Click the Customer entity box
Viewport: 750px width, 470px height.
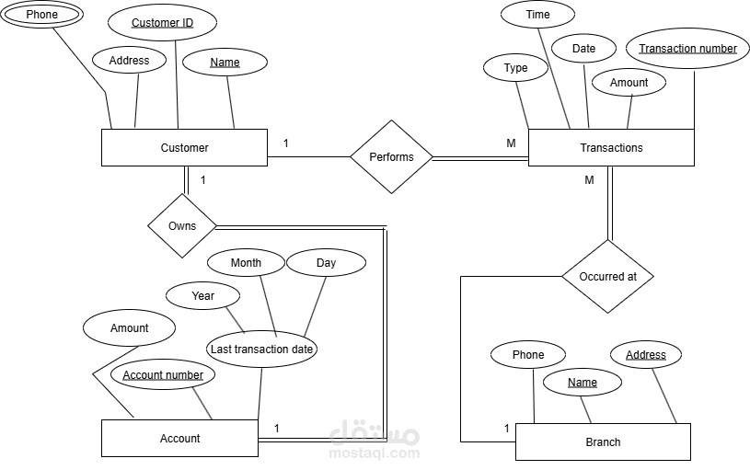[184, 147]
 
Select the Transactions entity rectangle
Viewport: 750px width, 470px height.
[611, 147]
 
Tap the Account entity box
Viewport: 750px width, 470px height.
[179, 438]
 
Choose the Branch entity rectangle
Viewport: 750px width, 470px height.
[603, 441]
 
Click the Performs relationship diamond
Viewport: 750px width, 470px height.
[391, 156]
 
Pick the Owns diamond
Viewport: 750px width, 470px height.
[182, 225]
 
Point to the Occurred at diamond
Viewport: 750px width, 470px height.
[607, 276]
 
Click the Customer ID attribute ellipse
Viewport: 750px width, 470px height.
[162, 23]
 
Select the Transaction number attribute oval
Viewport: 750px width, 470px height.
[687, 48]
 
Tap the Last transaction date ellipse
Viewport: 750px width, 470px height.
[262, 349]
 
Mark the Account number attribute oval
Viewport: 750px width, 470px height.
[163, 374]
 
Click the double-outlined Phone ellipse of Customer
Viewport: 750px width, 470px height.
[41, 15]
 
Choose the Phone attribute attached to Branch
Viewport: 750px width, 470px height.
[528, 355]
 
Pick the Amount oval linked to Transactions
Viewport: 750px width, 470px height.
[629, 83]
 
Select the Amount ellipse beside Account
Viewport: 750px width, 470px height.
[130, 328]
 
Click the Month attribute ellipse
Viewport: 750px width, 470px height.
[246, 263]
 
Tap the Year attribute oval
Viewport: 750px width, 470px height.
[203, 296]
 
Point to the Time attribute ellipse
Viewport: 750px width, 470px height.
[537, 15]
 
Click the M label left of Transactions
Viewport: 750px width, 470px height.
[511, 143]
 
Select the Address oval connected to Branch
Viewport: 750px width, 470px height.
[646, 355]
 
